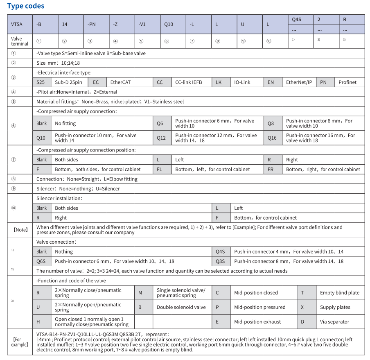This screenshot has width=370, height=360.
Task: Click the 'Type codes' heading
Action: coord(26,6)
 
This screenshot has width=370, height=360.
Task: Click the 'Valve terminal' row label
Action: coord(20,41)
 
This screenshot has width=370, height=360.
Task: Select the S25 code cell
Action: coord(41,82)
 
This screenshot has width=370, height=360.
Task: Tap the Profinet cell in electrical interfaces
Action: coord(347,82)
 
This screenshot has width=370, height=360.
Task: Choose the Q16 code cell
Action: coord(272,138)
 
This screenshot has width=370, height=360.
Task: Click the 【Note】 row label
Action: coord(20,230)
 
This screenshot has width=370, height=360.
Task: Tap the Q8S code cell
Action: coord(221,261)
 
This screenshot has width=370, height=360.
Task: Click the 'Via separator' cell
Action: coord(334,322)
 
